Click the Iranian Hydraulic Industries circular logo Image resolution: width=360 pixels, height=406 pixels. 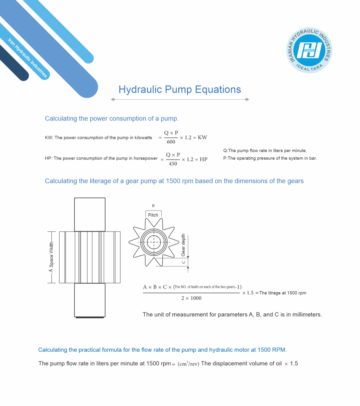click(x=310, y=50)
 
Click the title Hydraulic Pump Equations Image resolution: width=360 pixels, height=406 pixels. click(x=180, y=89)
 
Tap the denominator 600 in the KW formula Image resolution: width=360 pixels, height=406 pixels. click(x=171, y=142)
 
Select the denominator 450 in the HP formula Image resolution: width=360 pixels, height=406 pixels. click(x=173, y=163)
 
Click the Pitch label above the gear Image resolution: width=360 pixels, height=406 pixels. click(x=153, y=215)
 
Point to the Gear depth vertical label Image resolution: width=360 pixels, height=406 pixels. click(x=183, y=245)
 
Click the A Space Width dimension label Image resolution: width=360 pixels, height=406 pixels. click(x=51, y=257)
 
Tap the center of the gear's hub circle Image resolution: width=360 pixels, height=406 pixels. click(x=154, y=242)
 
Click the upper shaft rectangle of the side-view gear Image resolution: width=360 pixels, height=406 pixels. click(x=90, y=214)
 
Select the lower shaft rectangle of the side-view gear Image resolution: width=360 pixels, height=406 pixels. click(x=90, y=300)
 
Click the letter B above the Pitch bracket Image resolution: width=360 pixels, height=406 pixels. click(x=153, y=205)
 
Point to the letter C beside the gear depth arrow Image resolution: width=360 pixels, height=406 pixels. click(x=183, y=262)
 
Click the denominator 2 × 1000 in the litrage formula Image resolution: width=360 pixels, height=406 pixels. click(x=191, y=298)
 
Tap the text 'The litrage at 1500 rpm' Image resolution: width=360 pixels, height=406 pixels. click(x=282, y=293)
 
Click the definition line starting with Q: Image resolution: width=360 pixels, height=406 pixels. click(x=265, y=151)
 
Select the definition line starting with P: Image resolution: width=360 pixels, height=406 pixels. click(x=270, y=158)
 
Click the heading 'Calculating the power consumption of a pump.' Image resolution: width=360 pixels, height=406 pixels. click(x=112, y=118)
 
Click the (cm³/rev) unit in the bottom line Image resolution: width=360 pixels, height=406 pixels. click(x=188, y=363)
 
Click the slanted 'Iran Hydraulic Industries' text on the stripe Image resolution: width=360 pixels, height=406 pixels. click(x=28, y=58)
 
